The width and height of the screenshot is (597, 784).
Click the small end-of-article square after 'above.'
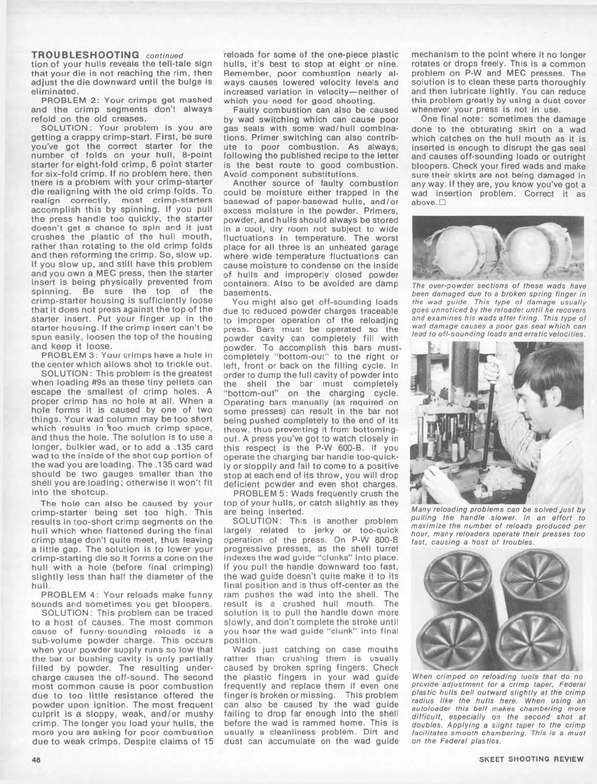pos(440,203)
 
